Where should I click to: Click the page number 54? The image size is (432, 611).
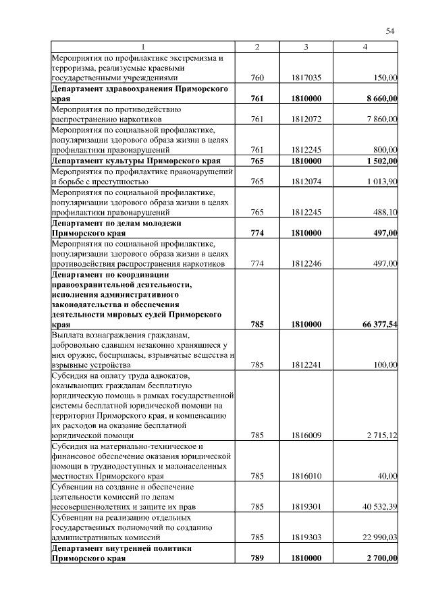pyautogui.click(x=390, y=31)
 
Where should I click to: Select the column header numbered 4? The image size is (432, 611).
pyautogui.click(x=365, y=47)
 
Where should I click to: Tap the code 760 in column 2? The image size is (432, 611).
pyautogui.click(x=257, y=78)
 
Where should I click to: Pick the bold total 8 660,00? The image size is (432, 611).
pyautogui.click(x=381, y=99)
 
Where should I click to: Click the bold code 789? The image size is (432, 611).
pyautogui.click(x=257, y=558)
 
